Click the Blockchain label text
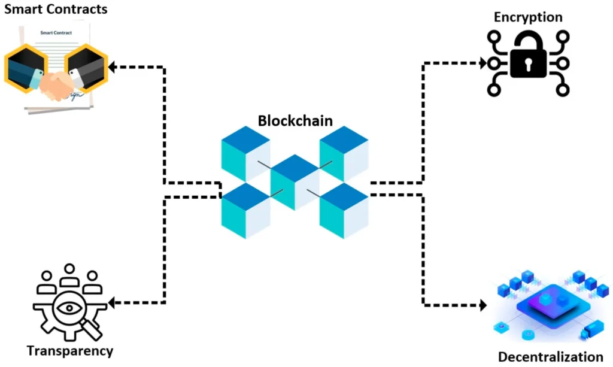click(x=295, y=120)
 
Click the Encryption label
click(x=528, y=17)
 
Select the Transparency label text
click(x=69, y=350)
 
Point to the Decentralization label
click(x=551, y=357)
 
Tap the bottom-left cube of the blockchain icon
click(x=245, y=210)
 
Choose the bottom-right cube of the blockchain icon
click(x=344, y=210)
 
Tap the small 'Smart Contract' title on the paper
click(x=56, y=33)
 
